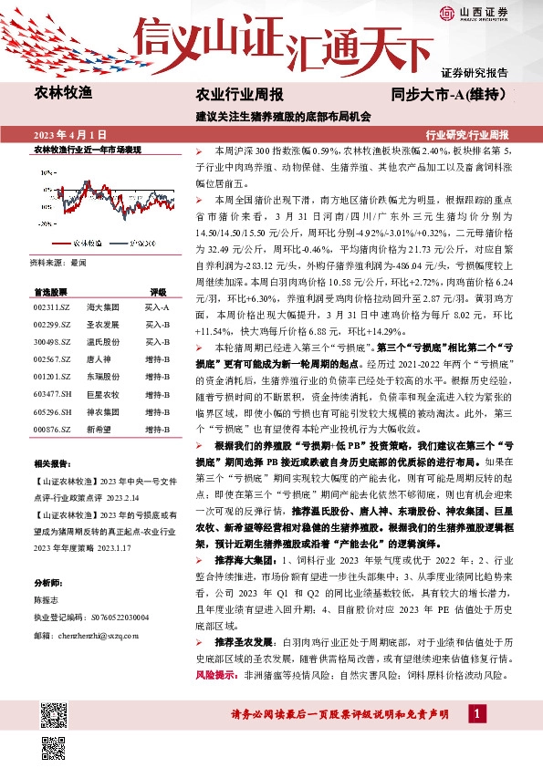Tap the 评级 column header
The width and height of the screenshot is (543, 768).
(x=157, y=292)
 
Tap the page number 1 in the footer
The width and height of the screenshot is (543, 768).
(x=479, y=712)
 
